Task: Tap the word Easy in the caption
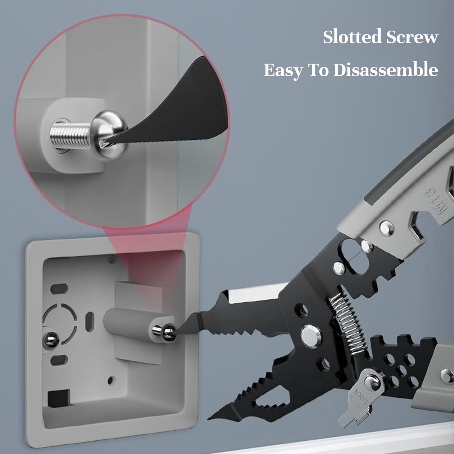coord(283,70)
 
